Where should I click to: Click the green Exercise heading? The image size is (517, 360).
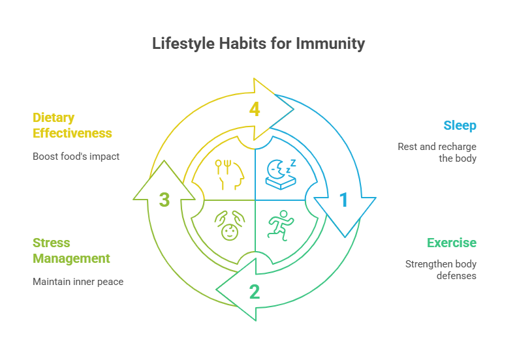point(452,243)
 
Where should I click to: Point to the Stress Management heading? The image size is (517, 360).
point(71,250)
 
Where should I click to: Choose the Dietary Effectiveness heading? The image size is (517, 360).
point(72,125)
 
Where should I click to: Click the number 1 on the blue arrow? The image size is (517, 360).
point(343,200)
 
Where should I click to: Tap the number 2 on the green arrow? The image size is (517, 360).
point(255,292)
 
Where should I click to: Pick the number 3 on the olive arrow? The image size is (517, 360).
point(164,200)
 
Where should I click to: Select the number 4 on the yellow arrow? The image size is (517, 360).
point(255,109)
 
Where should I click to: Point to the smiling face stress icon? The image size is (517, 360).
point(228,226)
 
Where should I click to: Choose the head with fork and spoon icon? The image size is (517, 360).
point(228,174)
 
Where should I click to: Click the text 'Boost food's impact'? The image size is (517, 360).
point(76,157)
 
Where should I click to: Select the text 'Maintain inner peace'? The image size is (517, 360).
point(78,282)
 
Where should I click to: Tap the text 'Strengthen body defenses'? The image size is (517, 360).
point(441,270)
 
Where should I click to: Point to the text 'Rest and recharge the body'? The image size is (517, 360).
point(437,153)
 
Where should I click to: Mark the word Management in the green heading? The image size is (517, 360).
point(71,258)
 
